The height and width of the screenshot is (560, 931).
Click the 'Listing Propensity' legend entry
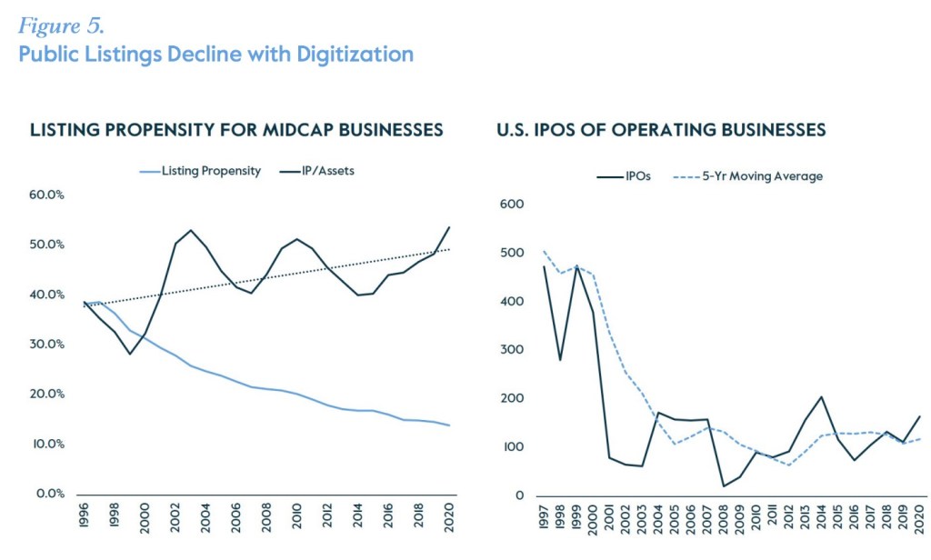[202, 170]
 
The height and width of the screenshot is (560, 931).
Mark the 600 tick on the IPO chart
[514, 204]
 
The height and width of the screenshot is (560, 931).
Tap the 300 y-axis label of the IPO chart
[514, 350]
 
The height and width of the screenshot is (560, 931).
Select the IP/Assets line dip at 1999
[131, 354]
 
